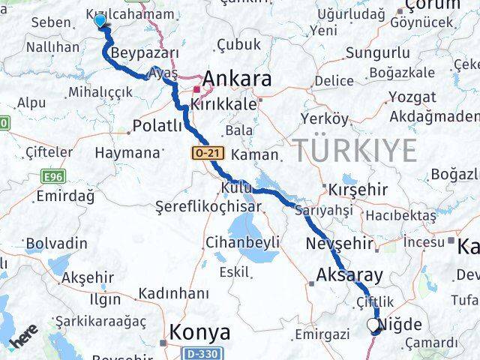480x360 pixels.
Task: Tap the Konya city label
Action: [200, 331]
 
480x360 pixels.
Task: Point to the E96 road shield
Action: [50, 177]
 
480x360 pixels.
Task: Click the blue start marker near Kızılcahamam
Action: [100, 21]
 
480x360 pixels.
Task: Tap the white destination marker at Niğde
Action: [373, 325]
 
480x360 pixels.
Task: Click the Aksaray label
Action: [350, 274]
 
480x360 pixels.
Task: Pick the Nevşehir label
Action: [340, 244]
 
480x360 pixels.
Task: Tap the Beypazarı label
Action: [145, 53]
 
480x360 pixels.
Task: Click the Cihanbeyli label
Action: [243, 242]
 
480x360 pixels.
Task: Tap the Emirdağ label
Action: [64, 196]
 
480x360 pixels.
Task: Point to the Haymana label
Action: [127, 152]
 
